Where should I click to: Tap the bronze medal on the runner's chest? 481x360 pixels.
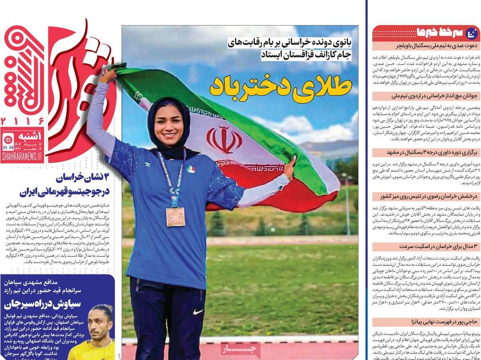coord(175,216)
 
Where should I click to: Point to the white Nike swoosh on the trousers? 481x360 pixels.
coord(198,311)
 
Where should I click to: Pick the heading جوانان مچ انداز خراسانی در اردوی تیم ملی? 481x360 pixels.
coord(426,96)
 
